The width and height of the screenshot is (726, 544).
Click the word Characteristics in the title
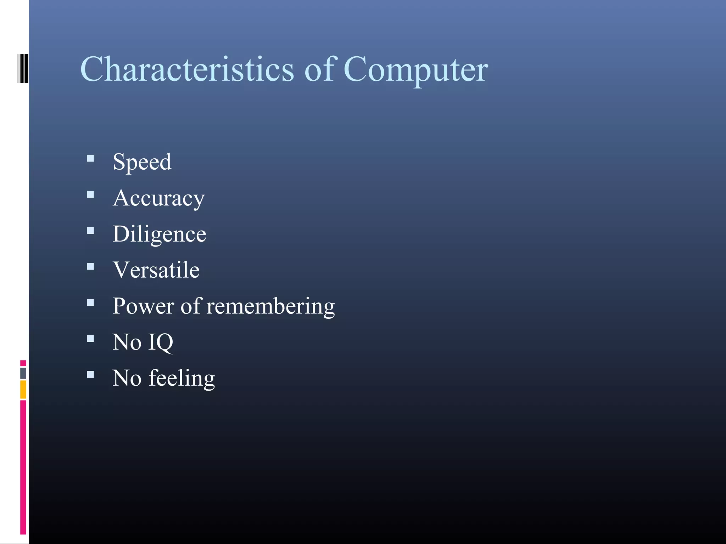click(x=187, y=69)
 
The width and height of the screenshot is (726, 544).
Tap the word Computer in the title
click(x=415, y=70)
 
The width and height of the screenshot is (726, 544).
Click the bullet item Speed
click(x=142, y=162)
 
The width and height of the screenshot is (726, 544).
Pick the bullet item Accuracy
click(x=159, y=198)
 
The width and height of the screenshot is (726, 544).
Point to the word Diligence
click(x=159, y=234)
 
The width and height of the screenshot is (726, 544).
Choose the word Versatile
click(x=156, y=270)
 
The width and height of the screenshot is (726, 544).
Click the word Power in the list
click(x=143, y=306)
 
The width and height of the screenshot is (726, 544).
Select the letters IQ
click(x=160, y=342)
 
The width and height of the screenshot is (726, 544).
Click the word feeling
click(x=181, y=378)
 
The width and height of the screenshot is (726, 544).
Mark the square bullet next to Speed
click(x=90, y=158)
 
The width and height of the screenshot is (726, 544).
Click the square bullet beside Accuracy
click(x=90, y=194)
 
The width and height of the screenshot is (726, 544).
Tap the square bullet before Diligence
click(x=90, y=231)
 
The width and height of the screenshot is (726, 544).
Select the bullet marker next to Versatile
click(x=90, y=266)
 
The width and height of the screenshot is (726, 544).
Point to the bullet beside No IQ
click(x=90, y=339)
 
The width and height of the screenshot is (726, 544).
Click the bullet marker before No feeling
click(x=90, y=374)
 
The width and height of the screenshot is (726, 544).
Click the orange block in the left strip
click(x=23, y=389)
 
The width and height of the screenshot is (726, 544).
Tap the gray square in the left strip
click(x=23, y=373)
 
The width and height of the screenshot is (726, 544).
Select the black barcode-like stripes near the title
click(x=23, y=68)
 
